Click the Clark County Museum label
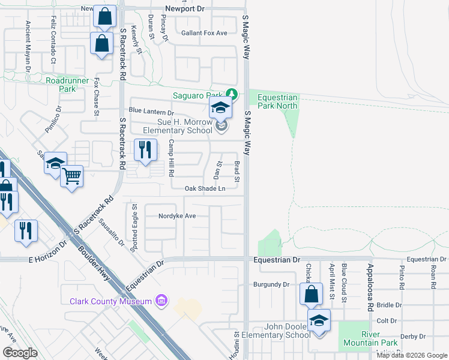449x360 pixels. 110,301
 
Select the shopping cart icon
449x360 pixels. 71,176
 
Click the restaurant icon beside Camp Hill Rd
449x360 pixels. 145,151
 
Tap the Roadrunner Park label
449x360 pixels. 67,85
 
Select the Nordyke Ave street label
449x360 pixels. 177,216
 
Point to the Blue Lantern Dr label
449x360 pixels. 151,112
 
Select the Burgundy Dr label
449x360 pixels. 271,284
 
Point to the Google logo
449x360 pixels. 20,352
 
